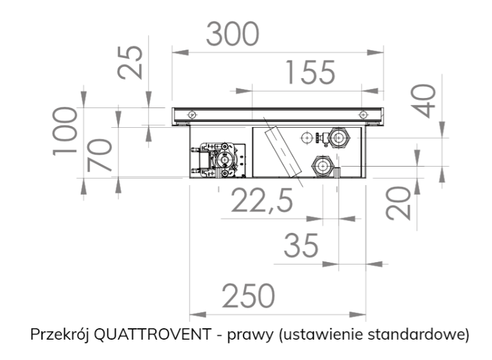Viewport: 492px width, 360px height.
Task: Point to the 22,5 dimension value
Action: point(261,202)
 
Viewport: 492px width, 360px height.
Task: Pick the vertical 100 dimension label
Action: point(67,130)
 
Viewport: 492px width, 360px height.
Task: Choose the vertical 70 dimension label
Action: point(100,154)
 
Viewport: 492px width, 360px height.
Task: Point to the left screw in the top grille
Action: point(191,114)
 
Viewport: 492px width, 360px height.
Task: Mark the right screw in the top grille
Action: point(362,114)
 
